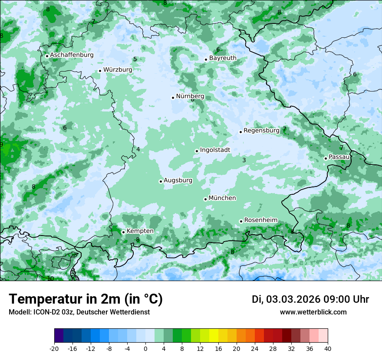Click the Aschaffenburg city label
72,55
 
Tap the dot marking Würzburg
100,71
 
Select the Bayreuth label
223,58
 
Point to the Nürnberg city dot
173,98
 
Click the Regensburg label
261,131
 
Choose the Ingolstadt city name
215,150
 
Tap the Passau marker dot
326,158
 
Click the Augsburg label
178,180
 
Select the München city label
222,198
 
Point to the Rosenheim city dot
241,221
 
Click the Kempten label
140,231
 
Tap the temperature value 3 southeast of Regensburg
244,160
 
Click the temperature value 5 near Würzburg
135,59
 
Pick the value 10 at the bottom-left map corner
51,278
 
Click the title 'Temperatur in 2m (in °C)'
86,299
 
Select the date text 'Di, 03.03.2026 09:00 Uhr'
310,299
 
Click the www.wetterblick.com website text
313,312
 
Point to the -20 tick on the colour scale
54,349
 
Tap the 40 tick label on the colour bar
327,349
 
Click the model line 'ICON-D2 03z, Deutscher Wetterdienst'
79,312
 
